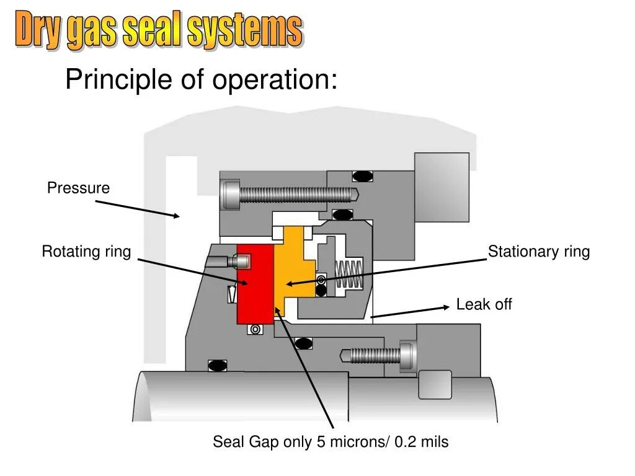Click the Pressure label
click(78, 188)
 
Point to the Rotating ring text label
click(86, 252)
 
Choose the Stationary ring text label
click(538, 252)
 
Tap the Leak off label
click(484, 304)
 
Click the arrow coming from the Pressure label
click(136, 209)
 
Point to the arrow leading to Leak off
click(409, 312)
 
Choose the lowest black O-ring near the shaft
click(217, 365)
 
